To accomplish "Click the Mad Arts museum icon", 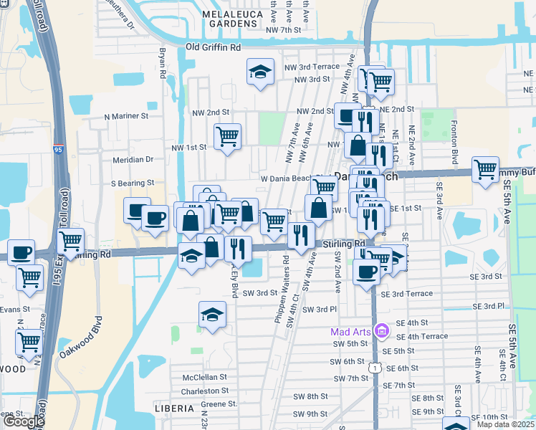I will [382, 330].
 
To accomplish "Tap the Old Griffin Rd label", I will [213, 47].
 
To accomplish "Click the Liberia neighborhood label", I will [174, 408].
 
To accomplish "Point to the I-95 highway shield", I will [58, 149].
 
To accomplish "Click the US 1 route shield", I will [374, 367].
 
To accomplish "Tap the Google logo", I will [24, 421].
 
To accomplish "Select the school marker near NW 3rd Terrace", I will [260, 72].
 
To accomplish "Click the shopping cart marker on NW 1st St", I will [228, 136].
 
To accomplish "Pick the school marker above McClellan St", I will [212, 315].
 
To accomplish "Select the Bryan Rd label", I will [163, 64].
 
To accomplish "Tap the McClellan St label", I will [204, 376].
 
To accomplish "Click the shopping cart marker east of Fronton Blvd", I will [485, 170].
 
